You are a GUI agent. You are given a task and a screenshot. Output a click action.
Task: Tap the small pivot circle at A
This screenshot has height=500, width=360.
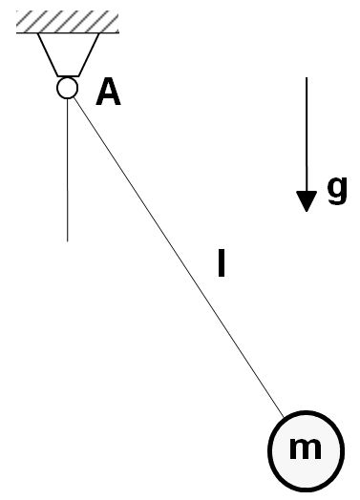(67, 88)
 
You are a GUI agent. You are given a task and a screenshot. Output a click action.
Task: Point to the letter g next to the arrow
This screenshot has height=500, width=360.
(337, 189)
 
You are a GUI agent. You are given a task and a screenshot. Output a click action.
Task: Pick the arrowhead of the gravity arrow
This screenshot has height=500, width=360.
(306, 200)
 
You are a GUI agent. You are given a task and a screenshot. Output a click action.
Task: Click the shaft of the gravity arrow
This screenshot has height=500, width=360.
(306, 134)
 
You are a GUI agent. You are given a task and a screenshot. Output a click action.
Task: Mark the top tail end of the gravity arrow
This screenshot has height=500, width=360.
(306, 78)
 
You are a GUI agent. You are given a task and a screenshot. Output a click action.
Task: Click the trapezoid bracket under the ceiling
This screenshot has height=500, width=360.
(67, 52)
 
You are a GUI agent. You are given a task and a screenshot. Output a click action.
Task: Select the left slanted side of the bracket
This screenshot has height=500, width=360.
(46, 53)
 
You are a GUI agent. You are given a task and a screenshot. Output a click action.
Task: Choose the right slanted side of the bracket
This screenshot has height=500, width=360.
(89, 53)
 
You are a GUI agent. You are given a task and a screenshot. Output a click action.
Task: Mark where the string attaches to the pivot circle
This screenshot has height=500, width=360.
(74, 96)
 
